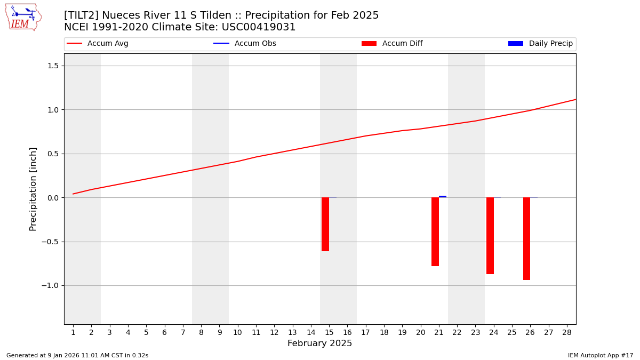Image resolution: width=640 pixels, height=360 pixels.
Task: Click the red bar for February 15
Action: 325,224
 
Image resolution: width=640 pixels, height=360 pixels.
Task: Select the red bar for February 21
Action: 435,231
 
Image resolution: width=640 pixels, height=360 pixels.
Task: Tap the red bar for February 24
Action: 490,236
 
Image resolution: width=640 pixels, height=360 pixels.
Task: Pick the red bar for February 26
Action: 526,238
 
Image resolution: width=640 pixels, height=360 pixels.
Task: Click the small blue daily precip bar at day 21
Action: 443,196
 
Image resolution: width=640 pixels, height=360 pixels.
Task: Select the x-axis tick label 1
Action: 73,332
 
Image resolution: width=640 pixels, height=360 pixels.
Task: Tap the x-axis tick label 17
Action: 365,332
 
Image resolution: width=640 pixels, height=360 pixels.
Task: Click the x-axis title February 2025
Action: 320,343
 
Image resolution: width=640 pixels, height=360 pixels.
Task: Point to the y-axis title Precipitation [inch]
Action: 33,189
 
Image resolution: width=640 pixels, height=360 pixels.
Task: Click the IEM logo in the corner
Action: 23,17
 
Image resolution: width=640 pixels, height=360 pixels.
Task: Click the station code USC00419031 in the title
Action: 263,27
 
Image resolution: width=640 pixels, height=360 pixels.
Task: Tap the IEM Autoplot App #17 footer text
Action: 601,355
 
